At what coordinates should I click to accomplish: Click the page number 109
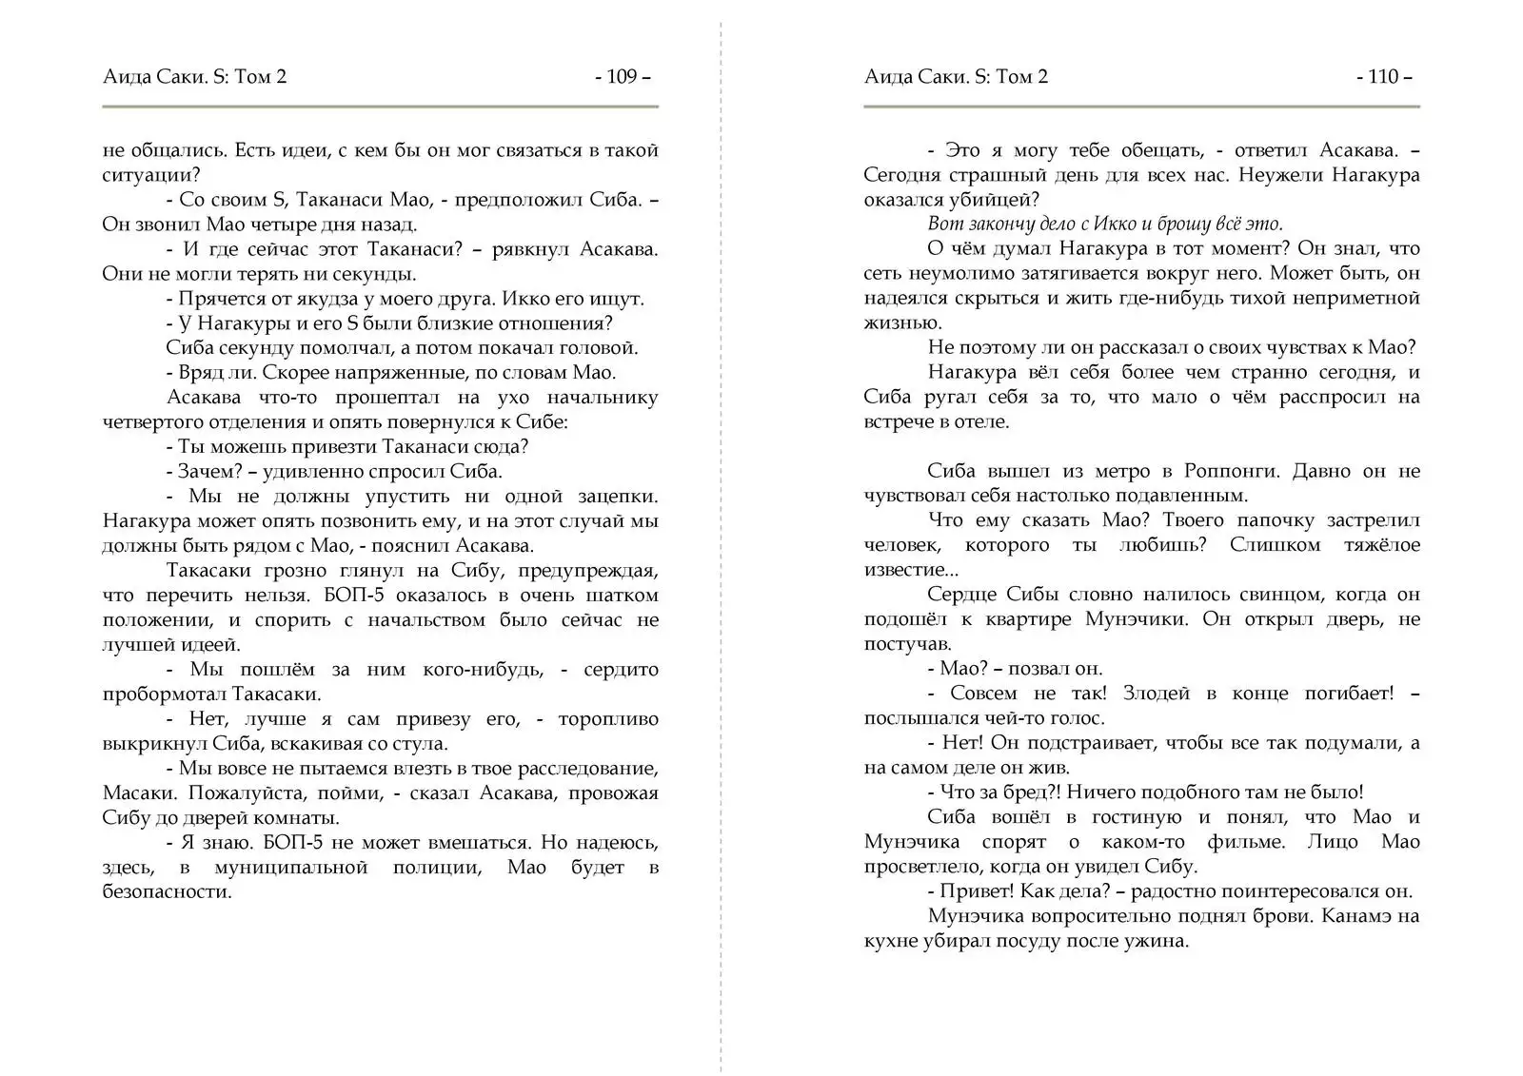coord(622,77)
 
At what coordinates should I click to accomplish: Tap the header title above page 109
coord(194,77)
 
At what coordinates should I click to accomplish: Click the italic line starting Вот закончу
coord(1105,225)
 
